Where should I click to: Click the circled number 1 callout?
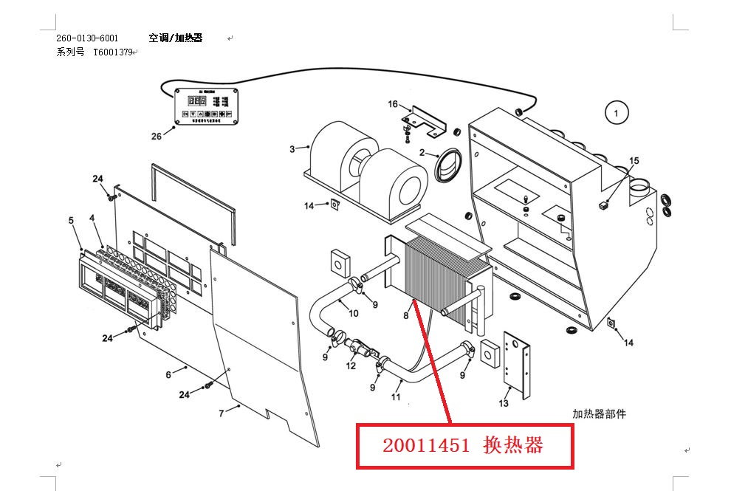(616, 113)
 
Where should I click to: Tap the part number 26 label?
(156, 136)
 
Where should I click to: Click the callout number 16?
(393, 104)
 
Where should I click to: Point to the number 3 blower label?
(292, 149)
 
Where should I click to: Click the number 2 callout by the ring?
(422, 153)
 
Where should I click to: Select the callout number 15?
(634, 161)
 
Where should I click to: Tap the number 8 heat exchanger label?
(405, 316)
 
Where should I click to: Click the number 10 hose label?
(354, 313)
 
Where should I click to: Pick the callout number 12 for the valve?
(351, 365)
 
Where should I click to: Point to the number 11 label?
(396, 398)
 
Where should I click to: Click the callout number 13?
(504, 403)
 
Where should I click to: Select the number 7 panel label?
(221, 413)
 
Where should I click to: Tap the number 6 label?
(168, 375)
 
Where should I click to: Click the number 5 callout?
(71, 220)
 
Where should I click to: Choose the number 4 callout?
(92, 218)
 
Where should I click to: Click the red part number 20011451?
(426, 445)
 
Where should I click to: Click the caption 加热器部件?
(599, 414)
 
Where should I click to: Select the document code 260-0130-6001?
(86, 38)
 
